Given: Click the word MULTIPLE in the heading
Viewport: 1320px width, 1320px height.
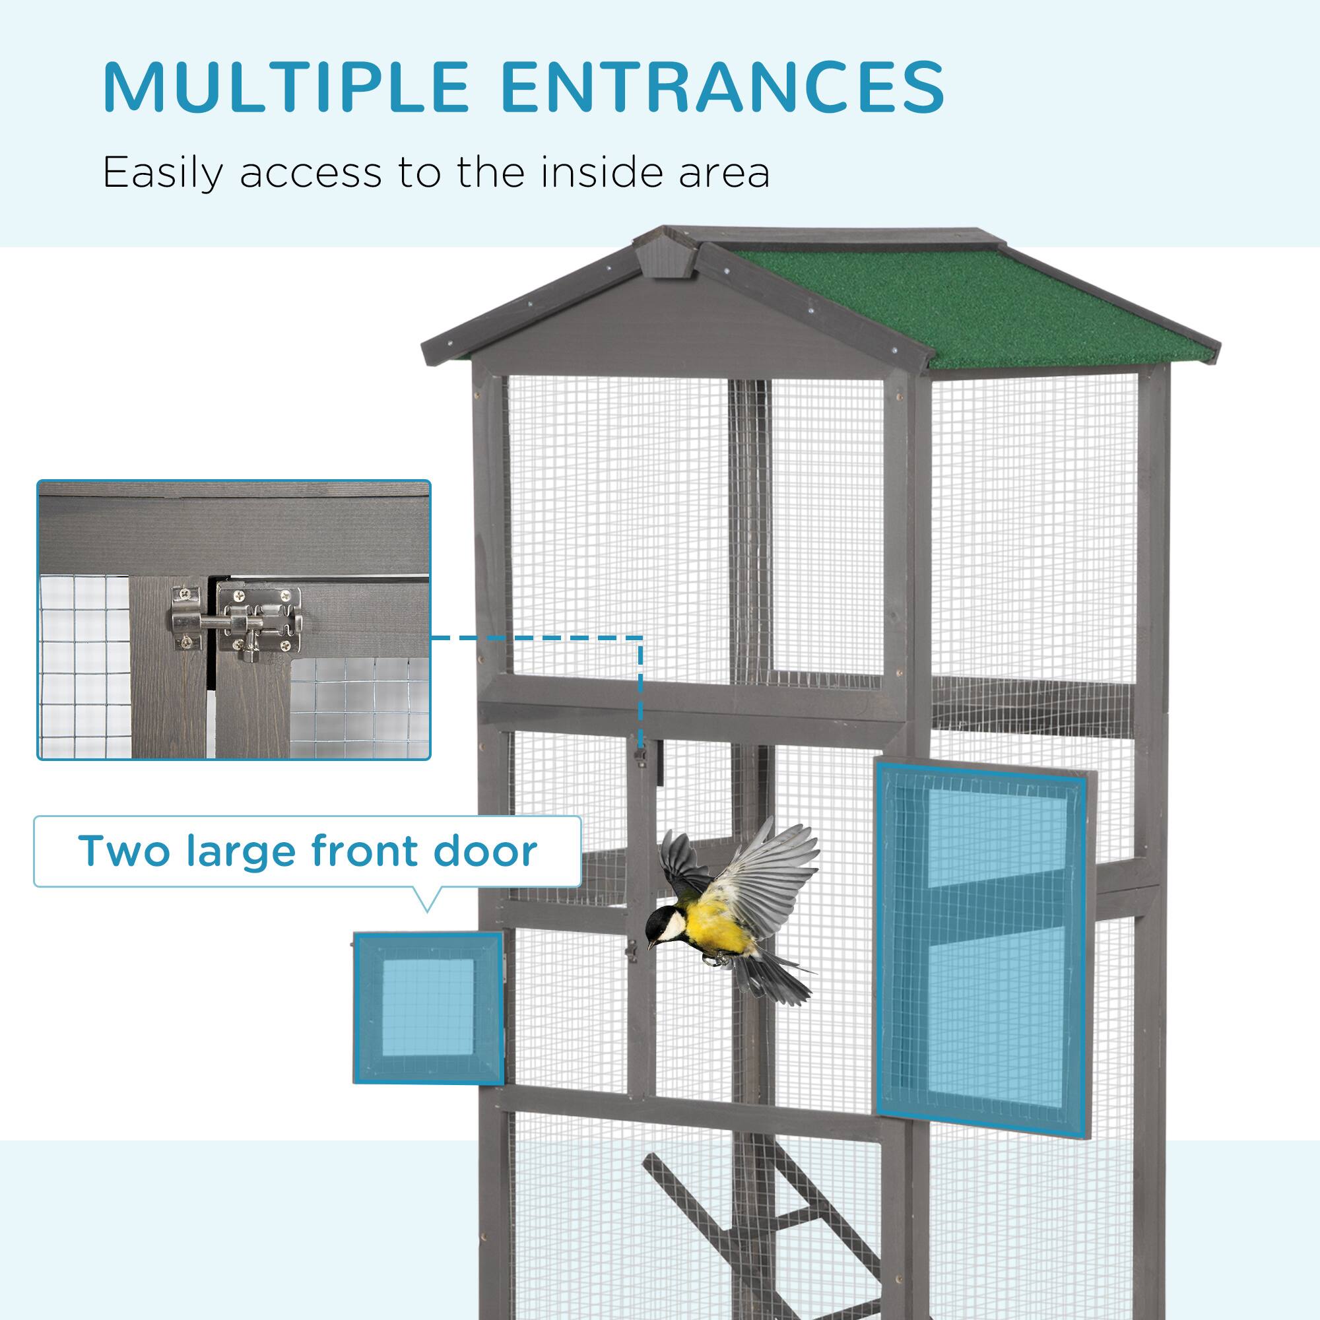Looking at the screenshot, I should click(x=286, y=88).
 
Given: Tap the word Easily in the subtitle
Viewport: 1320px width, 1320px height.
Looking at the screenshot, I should click(x=162, y=174).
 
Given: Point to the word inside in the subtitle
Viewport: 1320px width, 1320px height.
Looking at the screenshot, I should click(x=603, y=172).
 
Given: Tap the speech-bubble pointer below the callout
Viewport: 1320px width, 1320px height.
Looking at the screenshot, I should click(x=427, y=900).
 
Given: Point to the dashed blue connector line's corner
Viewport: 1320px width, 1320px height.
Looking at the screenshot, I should click(x=641, y=638).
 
